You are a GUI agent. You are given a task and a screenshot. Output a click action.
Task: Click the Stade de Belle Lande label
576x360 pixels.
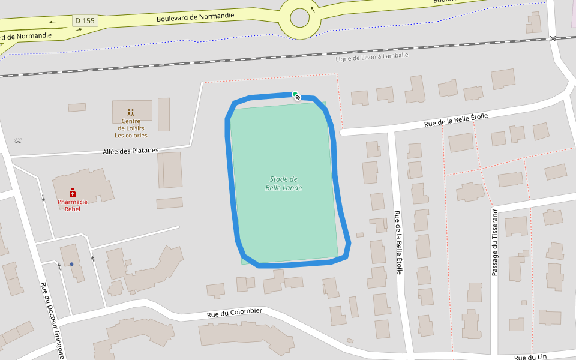click(283, 184)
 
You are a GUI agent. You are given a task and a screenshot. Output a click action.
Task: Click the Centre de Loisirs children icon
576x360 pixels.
click(131, 112)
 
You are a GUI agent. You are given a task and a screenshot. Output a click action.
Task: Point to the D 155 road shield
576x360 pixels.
click(85, 21)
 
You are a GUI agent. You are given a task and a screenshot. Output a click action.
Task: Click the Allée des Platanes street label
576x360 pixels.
click(130, 151)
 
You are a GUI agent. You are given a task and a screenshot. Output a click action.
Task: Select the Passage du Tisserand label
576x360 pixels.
click(495, 242)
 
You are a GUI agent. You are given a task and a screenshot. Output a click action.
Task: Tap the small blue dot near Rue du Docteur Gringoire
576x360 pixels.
click(71, 264)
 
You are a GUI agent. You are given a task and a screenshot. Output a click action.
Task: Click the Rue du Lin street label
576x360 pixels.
click(530, 357)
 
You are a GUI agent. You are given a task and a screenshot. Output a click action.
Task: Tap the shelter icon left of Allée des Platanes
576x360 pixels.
click(18, 142)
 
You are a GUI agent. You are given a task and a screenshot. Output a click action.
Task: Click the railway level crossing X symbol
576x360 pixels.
click(553, 38)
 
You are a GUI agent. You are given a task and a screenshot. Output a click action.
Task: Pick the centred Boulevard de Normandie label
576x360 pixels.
click(195, 17)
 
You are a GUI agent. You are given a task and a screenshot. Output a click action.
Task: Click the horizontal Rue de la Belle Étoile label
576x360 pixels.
click(455, 120)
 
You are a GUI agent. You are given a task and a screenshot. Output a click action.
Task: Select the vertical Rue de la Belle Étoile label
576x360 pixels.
click(398, 243)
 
